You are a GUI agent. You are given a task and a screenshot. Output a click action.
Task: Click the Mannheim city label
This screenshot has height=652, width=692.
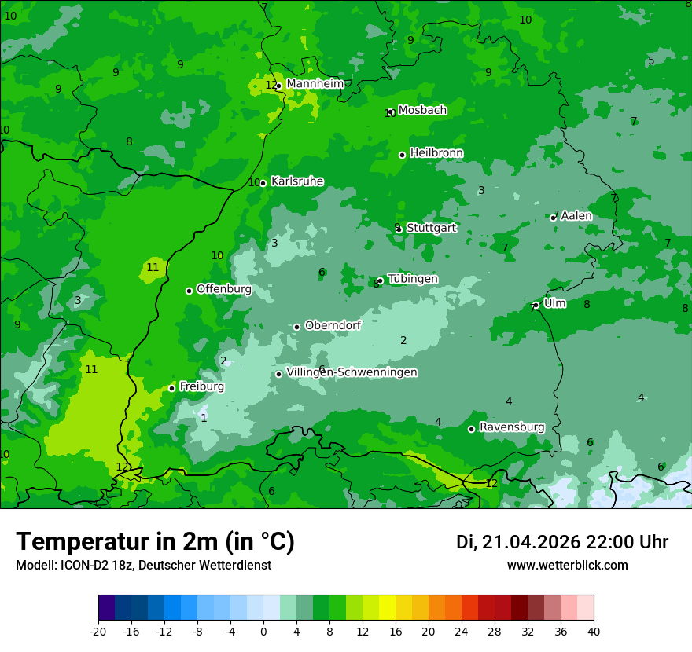[x=315, y=84]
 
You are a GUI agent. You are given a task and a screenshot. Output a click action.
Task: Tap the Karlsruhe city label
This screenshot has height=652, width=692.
[x=296, y=181]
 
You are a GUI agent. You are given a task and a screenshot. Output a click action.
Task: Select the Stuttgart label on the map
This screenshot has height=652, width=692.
[x=431, y=229]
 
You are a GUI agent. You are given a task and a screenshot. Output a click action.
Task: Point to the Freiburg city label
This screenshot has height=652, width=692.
[x=201, y=386]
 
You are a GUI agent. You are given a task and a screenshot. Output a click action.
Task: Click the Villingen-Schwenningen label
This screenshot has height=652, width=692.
[x=352, y=372]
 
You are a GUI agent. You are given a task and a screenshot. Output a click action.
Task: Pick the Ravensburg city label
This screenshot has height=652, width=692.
[x=511, y=427]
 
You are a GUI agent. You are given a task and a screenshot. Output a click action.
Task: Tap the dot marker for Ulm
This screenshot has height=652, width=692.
[x=536, y=305]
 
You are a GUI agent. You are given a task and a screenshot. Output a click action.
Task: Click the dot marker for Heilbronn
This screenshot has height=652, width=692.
[x=402, y=155]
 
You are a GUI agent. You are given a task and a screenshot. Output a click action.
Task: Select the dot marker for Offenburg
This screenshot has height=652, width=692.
[x=189, y=291]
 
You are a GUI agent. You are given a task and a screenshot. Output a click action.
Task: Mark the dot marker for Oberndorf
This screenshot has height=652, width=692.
[x=296, y=327]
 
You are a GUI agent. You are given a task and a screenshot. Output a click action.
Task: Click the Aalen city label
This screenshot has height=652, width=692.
[x=576, y=216]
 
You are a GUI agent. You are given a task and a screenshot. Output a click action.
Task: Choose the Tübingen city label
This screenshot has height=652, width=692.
[x=412, y=279]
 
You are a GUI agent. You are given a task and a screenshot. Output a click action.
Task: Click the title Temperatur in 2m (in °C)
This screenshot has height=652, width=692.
[x=155, y=541]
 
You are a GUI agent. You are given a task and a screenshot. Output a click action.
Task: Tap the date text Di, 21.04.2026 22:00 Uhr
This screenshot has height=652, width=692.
[x=561, y=542]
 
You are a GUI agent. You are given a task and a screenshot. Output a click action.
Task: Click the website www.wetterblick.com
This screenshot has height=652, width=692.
[x=567, y=566]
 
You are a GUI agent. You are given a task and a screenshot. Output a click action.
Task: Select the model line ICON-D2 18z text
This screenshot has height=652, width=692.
[x=143, y=566]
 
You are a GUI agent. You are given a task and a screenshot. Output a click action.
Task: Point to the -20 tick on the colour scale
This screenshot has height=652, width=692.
[x=98, y=632]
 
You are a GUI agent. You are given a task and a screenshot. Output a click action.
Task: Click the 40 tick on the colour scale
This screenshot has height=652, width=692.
[x=593, y=632]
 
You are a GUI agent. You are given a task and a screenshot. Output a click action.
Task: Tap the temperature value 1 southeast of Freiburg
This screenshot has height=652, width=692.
[x=204, y=418]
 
